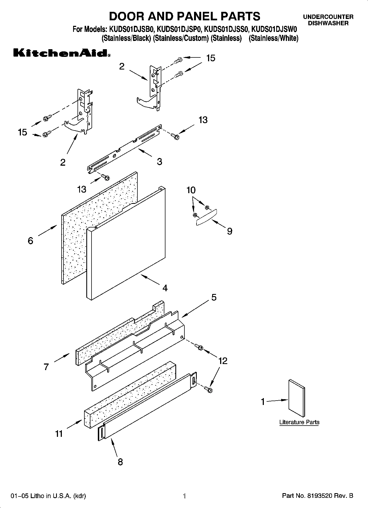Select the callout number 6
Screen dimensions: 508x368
coord(31,241)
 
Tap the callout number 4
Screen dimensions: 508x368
coord(165,288)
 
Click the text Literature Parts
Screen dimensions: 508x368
coord(299,422)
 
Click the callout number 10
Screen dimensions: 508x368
coord(191,190)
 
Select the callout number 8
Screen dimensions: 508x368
coord(120,462)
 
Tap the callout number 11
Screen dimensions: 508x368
coord(59,434)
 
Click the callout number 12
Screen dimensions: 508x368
coord(223,360)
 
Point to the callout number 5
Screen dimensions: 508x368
coord(214,297)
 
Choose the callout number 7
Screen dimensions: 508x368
coord(46,367)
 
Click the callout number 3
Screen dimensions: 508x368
coord(159,161)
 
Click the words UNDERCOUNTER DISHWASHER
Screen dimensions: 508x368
coord(328,20)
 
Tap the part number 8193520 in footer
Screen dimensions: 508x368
coord(320,496)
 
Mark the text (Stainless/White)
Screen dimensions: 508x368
coord(273,38)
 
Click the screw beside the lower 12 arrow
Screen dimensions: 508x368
coord(209,389)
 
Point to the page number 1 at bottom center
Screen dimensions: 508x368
coord(185,496)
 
